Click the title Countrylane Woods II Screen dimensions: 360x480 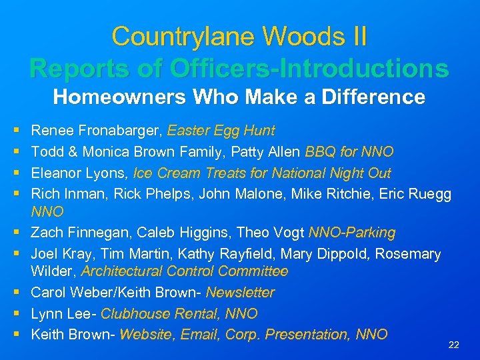[x=239, y=36]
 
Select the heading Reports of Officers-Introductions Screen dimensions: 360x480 [x=239, y=68]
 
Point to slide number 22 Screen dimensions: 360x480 [x=454, y=345]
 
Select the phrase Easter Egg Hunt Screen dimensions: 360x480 [x=221, y=131]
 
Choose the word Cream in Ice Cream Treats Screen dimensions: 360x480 [x=177, y=173]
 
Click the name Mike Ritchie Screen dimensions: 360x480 [x=345, y=194]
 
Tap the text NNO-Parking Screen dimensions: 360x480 [x=351, y=233]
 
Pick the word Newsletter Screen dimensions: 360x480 [x=240, y=293]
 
